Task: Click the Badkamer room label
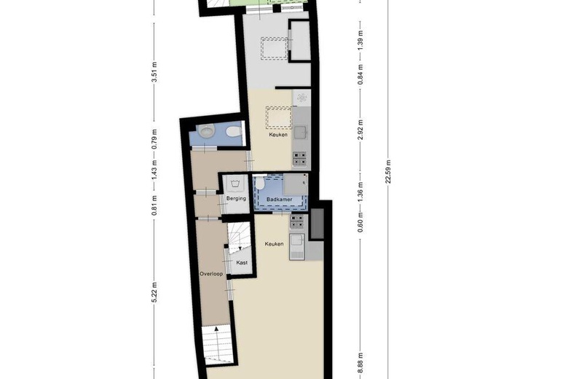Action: [x=279, y=199]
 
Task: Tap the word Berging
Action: [x=235, y=198]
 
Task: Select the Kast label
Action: [x=242, y=262]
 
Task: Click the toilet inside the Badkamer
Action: [x=261, y=184]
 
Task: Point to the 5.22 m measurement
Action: [x=154, y=291]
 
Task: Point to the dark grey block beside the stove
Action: [x=317, y=224]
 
